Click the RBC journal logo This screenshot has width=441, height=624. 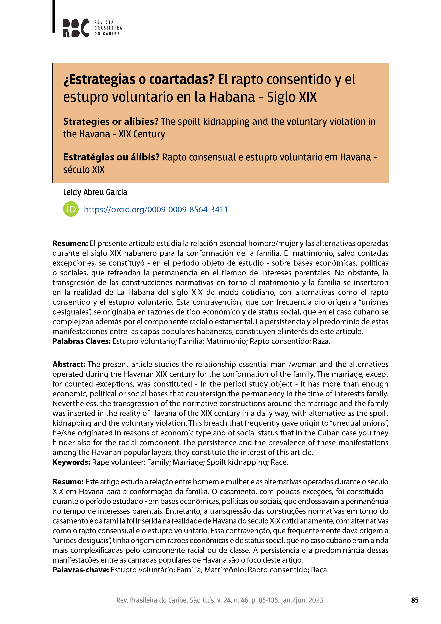click(76, 28)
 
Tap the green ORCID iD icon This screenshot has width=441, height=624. click(71, 209)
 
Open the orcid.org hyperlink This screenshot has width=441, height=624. click(156, 210)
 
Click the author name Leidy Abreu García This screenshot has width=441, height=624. click(95, 192)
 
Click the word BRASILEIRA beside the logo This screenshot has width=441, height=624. click(108, 28)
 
